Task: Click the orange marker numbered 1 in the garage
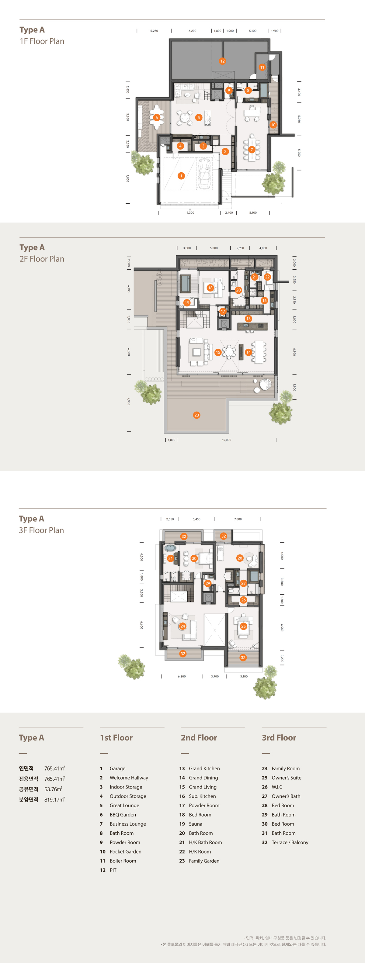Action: click(x=181, y=176)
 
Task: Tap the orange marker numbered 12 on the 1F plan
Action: click(x=223, y=61)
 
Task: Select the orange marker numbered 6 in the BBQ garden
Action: click(x=157, y=117)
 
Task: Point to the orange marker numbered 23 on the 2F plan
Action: click(x=197, y=415)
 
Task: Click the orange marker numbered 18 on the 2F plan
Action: click(x=210, y=288)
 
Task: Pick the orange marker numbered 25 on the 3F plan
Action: click(x=243, y=626)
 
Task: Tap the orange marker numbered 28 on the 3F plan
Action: click(x=240, y=558)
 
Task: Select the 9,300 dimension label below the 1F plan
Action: click(x=190, y=213)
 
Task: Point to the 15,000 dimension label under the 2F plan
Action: click(x=227, y=440)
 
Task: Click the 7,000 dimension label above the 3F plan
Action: click(x=238, y=519)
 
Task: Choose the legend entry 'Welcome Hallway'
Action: click(x=129, y=778)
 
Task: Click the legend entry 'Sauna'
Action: click(x=196, y=824)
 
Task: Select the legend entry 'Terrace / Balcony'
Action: click(x=290, y=842)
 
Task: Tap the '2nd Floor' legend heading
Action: click(x=199, y=737)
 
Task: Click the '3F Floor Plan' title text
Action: click(x=41, y=530)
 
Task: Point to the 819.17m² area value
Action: click(x=55, y=799)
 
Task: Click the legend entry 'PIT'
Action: click(x=113, y=870)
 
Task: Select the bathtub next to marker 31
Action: click(x=170, y=548)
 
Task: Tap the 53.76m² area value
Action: click(x=53, y=789)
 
